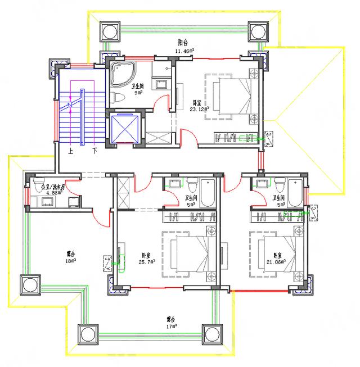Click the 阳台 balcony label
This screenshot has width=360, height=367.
tap(182, 43)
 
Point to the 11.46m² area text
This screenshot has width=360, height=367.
tap(184, 51)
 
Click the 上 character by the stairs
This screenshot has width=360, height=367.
tap(71, 151)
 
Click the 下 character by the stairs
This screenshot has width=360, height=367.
tap(95, 151)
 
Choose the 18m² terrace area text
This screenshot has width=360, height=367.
tap(71, 261)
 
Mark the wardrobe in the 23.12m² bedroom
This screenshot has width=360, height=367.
tap(236, 137)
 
